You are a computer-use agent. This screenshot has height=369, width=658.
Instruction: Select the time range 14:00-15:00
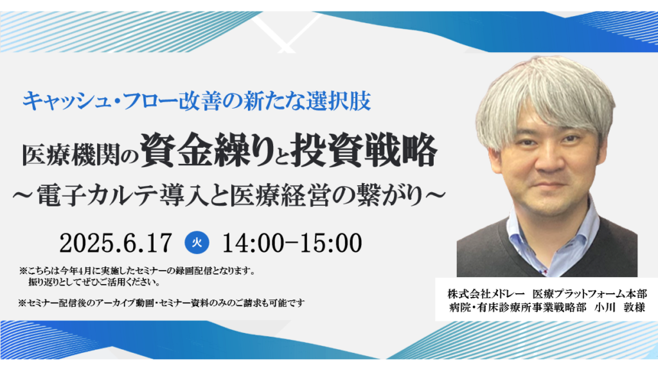(x=292, y=243)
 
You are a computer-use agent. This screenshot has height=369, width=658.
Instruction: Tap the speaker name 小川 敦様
(x=619, y=308)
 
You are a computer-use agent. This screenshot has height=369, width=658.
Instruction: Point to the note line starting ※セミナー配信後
(x=161, y=302)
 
